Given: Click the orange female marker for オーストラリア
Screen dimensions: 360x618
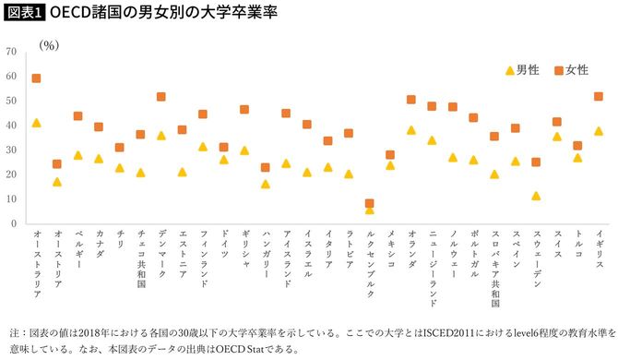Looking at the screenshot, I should pos(37,78).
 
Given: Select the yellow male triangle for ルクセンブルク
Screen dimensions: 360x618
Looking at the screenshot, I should pos(370,210).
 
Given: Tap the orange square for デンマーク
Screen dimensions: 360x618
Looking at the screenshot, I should pos(161,97).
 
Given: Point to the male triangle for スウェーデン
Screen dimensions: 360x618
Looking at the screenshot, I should pos(536,196).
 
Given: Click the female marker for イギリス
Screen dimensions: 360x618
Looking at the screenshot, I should pos(599,97).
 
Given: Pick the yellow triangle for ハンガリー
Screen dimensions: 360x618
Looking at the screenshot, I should pos(266,184).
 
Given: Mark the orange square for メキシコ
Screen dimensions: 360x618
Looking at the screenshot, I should pos(390,155).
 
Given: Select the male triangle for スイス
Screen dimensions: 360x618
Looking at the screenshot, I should pos(557,137).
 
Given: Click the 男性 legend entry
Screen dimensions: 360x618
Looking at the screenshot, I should pos(521,70).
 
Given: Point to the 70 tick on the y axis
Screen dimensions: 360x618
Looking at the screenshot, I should pos(11,52).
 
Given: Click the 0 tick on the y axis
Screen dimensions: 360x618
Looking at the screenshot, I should pos(14,223).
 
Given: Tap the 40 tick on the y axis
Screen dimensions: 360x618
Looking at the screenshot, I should pos(11,126).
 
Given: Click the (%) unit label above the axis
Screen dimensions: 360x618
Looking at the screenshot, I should pos(49,42).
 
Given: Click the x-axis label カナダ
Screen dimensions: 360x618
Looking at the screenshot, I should pos(99,246).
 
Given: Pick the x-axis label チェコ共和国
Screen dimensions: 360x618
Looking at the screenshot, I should pos(141,258).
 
